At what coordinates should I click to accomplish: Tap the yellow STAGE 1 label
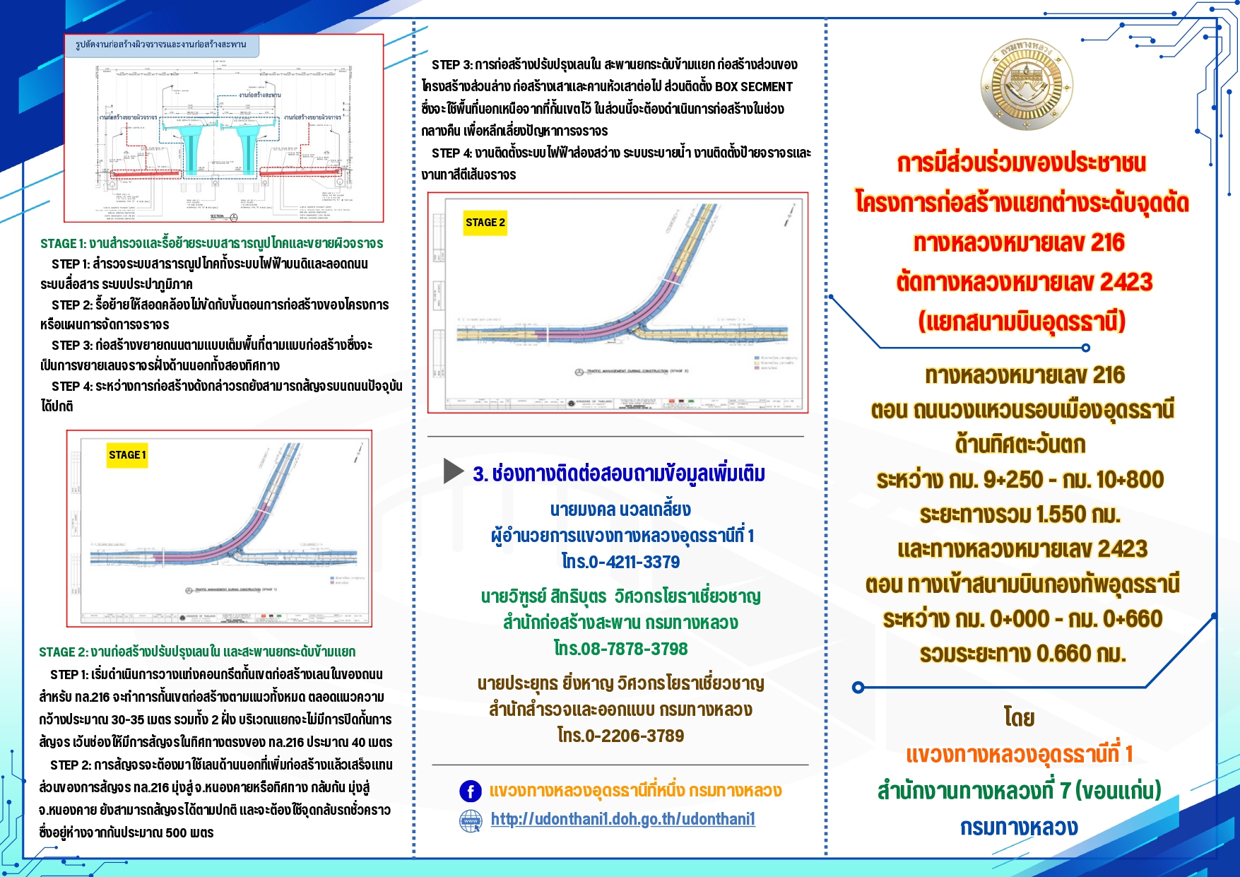pyautogui.click(x=127, y=455)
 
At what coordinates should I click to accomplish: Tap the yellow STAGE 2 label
pyautogui.click(x=485, y=223)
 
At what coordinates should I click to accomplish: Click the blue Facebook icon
pyautogui.click(x=471, y=791)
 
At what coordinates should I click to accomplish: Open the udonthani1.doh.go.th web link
pyautogui.click(x=622, y=819)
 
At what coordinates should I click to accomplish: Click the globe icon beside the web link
pyautogui.click(x=471, y=820)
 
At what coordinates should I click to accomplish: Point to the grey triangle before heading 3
pyautogui.click(x=453, y=471)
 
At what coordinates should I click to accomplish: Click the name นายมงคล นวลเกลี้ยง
pyautogui.click(x=620, y=510)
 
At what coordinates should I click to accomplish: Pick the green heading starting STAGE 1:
pyautogui.click(x=211, y=244)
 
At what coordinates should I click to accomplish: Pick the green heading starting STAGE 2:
pyautogui.click(x=197, y=652)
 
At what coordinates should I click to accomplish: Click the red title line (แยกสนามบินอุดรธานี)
pyautogui.click(x=1022, y=322)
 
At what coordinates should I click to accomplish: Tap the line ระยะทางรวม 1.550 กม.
pyautogui.click(x=1020, y=514)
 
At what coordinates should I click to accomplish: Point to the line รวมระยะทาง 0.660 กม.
pyautogui.click(x=1022, y=654)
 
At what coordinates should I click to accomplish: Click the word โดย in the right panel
pyautogui.click(x=1019, y=718)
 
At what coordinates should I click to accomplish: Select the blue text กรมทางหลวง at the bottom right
pyautogui.click(x=1019, y=828)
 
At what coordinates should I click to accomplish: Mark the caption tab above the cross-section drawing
pyautogui.click(x=161, y=45)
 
